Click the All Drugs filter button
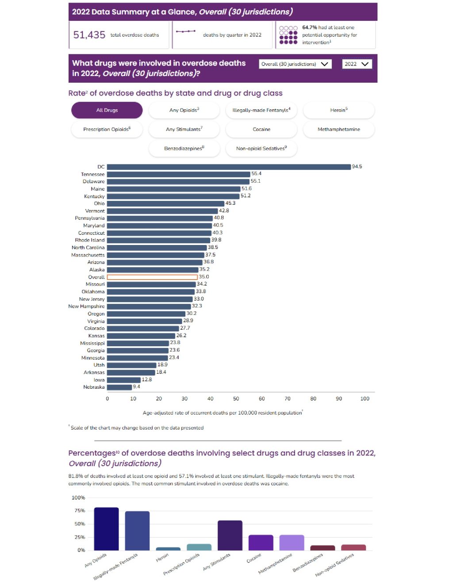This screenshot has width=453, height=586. pyautogui.click(x=107, y=110)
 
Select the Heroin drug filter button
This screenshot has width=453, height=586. pyautogui.click(x=339, y=110)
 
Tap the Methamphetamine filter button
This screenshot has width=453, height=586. pyautogui.click(x=339, y=129)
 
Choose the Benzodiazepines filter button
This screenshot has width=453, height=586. pyautogui.click(x=184, y=149)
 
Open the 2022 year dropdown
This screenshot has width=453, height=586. pyautogui.click(x=357, y=64)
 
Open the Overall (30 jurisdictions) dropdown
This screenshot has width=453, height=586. pyautogui.click(x=295, y=64)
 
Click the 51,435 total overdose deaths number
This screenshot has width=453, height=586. pyautogui.click(x=89, y=35)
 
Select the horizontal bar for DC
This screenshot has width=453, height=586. pyautogui.click(x=229, y=167)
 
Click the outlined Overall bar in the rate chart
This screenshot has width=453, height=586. pyautogui.click(x=152, y=277)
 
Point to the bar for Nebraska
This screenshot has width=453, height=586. pyautogui.click(x=119, y=387)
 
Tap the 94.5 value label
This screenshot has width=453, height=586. pyautogui.click(x=357, y=167)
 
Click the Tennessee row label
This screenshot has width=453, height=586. pyautogui.click(x=93, y=174)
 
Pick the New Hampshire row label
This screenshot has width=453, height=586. pyautogui.click(x=87, y=306)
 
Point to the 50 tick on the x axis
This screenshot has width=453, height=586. pyautogui.click(x=236, y=398)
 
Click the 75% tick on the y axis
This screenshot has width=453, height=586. pyautogui.click(x=80, y=511)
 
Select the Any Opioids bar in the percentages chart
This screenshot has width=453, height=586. pyautogui.click(x=107, y=529)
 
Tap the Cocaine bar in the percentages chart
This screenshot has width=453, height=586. pyautogui.click(x=261, y=543)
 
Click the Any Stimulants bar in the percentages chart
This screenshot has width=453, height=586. pyautogui.click(x=230, y=535)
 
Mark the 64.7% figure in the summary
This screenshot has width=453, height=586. pyautogui.click(x=310, y=27)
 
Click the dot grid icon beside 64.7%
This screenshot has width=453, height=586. pyautogui.click(x=288, y=35)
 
